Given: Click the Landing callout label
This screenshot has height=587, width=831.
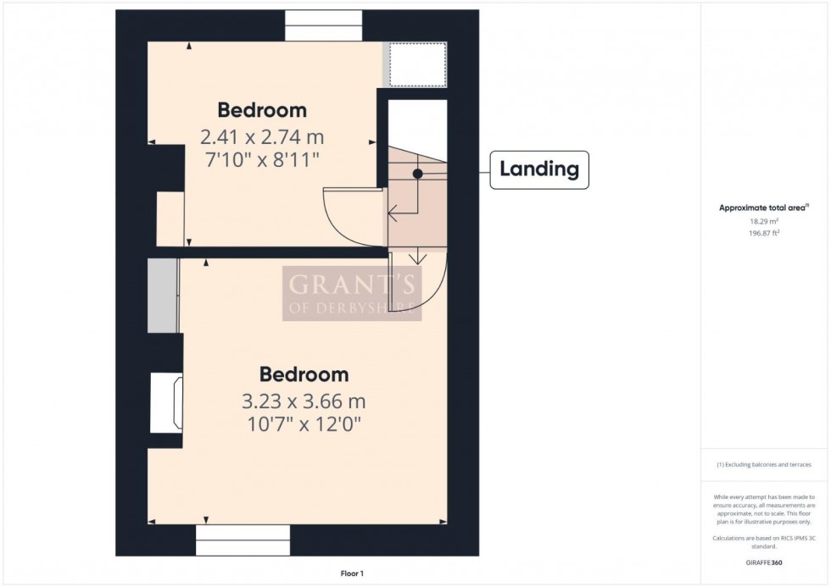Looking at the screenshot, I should tap(539, 169).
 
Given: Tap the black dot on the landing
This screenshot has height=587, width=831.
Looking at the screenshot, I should tap(417, 173).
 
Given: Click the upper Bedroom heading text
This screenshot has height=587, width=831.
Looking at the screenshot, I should tap(262, 110).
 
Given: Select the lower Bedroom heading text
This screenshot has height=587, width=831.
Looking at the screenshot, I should tap(304, 374).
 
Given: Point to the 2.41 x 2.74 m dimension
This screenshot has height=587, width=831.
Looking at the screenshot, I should tap(262, 136).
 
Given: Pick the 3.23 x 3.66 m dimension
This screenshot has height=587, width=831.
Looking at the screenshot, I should tap(304, 401).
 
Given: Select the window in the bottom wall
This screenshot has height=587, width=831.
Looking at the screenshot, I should tap(243, 540).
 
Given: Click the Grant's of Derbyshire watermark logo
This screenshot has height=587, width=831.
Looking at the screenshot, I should tap(351, 294).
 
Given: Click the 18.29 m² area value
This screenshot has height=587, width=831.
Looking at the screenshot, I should tap(764, 221).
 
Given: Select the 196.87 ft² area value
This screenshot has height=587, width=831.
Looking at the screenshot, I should tap(764, 232).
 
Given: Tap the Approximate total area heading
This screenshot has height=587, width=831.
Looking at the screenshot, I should tap(764, 208).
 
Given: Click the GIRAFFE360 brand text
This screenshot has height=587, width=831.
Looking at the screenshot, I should tap(764, 562).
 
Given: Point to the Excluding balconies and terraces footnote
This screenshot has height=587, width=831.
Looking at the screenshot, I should tap(764, 465).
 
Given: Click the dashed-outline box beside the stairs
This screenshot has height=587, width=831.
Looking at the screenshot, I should tap(417, 64).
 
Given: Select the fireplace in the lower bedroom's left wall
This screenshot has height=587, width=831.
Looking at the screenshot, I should tap(166, 404).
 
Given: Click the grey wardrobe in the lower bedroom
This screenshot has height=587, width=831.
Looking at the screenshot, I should tap(162, 296).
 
